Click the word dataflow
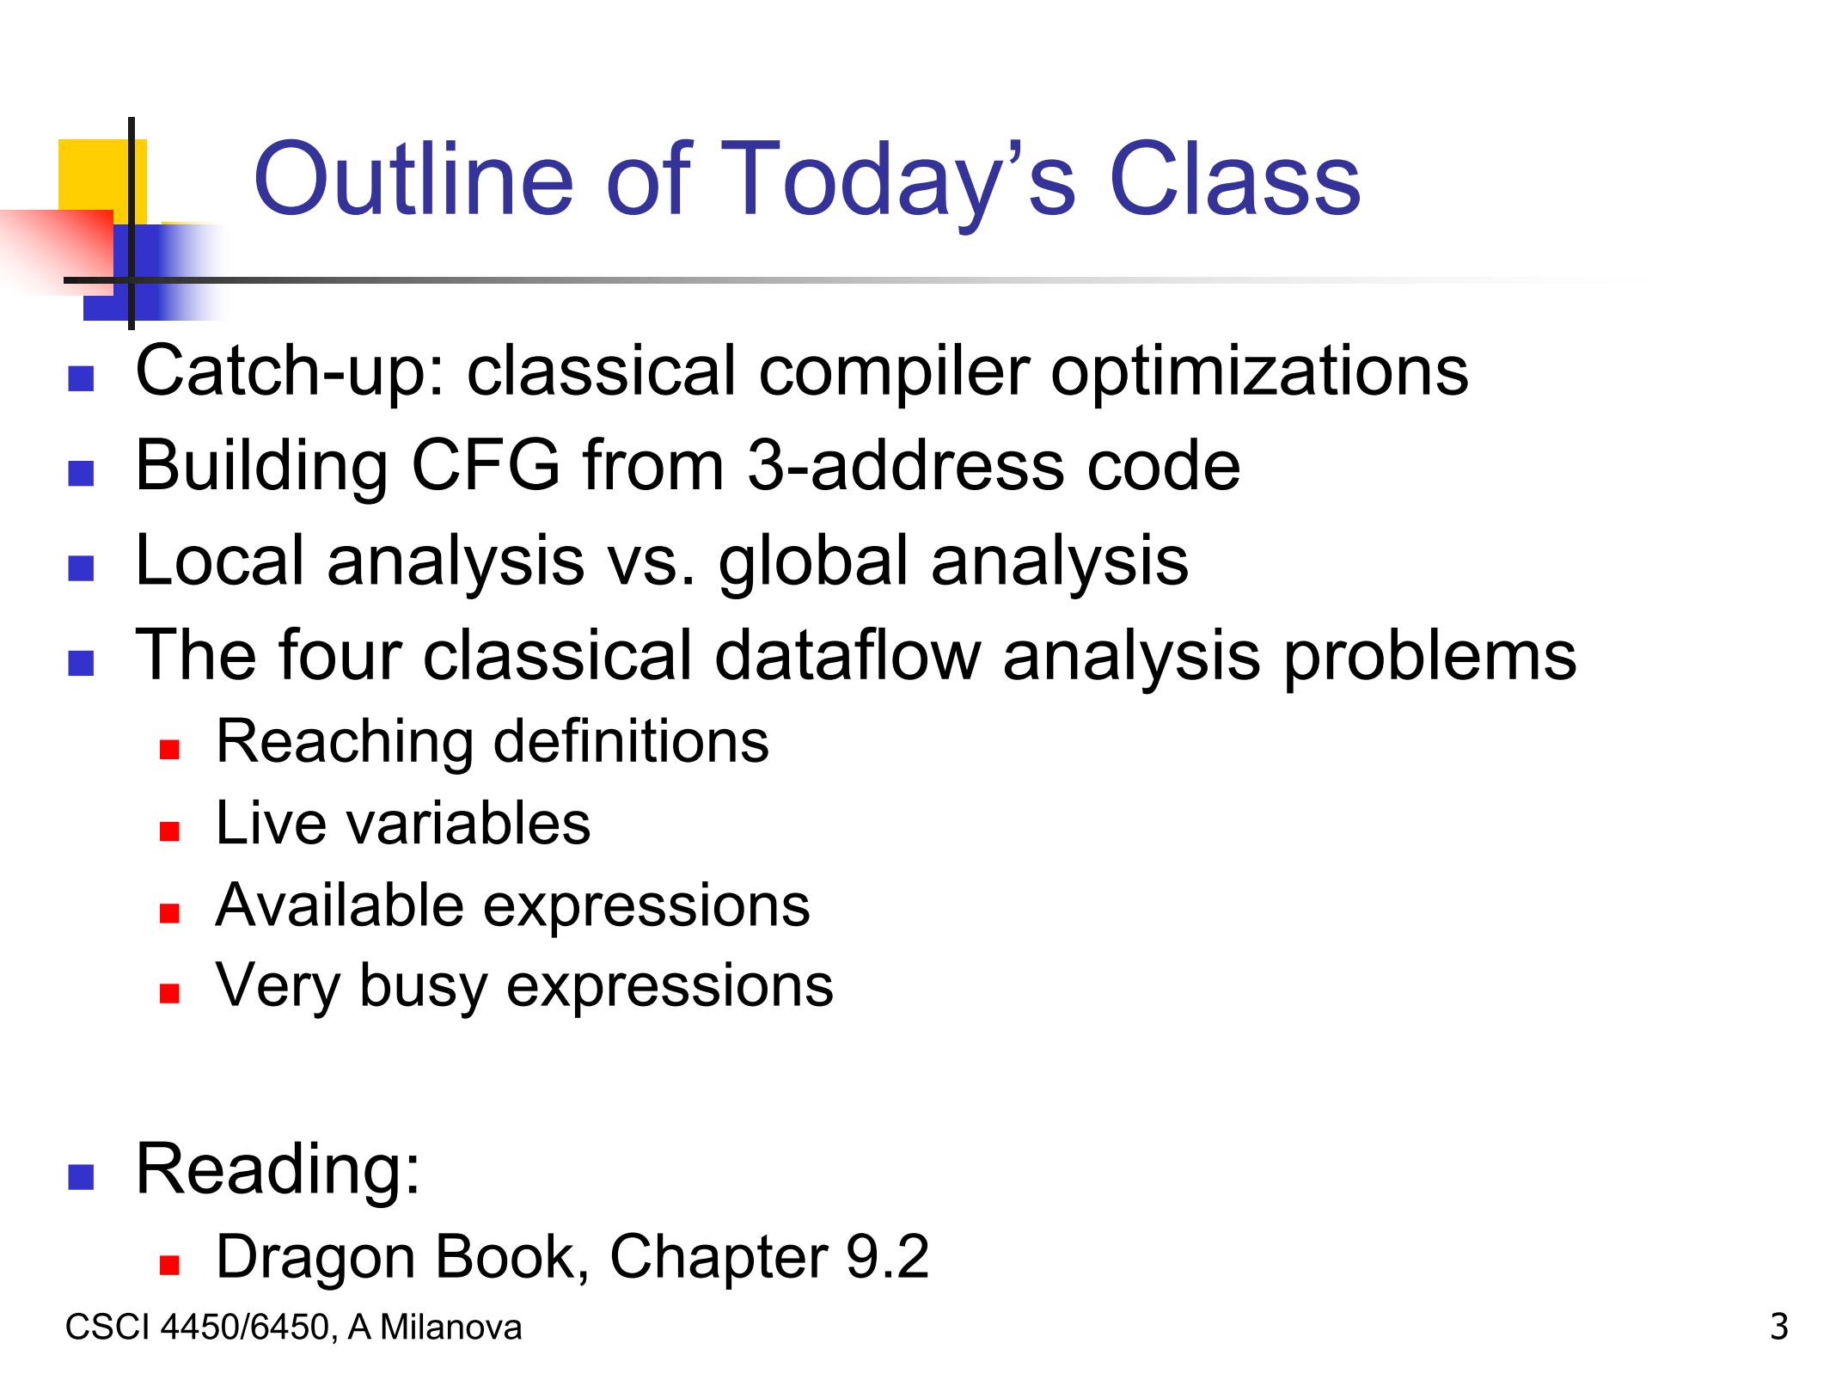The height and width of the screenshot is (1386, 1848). pyautogui.click(x=847, y=655)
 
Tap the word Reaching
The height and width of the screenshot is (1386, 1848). pyautogui.click(x=344, y=742)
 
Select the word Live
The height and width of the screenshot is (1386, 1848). pyautogui.click(x=272, y=823)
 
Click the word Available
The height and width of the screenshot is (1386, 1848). pyautogui.click(x=339, y=905)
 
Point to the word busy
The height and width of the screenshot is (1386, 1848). pyautogui.click(x=423, y=987)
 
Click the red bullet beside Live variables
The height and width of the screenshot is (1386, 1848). pyautogui.click(x=168, y=831)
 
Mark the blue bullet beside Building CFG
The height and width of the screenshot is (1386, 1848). pyautogui.click(x=80, y=474)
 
